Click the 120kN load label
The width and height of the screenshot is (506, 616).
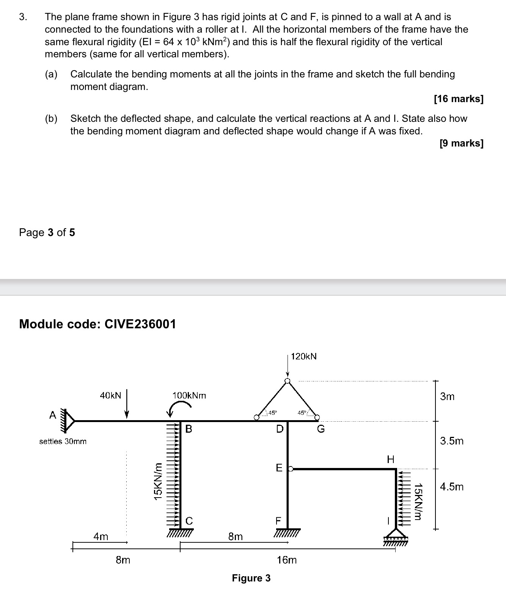[x=304, y=356]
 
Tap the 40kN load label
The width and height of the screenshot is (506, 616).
[x=110, y=395]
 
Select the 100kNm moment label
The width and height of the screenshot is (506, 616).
[x=189, y=395]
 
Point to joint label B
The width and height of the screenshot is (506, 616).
[x=189, y=429]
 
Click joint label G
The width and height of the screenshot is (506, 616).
[x=321, y=429]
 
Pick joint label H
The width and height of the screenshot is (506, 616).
[x=390, y=460]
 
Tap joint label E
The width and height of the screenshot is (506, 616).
[x=279, y=468]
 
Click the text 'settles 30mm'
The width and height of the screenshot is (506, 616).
[x=63, y=441]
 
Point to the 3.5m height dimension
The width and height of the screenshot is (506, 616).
[x=452, y=441]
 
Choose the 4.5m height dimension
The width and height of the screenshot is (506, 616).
[x=452, y=487]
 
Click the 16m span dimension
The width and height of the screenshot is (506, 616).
[x=287, y=560]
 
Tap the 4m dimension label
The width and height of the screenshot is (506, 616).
[x=101, y=537]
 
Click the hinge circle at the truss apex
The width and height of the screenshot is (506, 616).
[x=288, y=381]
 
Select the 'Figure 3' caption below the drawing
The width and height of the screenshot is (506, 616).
[x=251, y=578]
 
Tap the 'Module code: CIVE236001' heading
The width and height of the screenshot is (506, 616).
[x=97, y=324]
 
